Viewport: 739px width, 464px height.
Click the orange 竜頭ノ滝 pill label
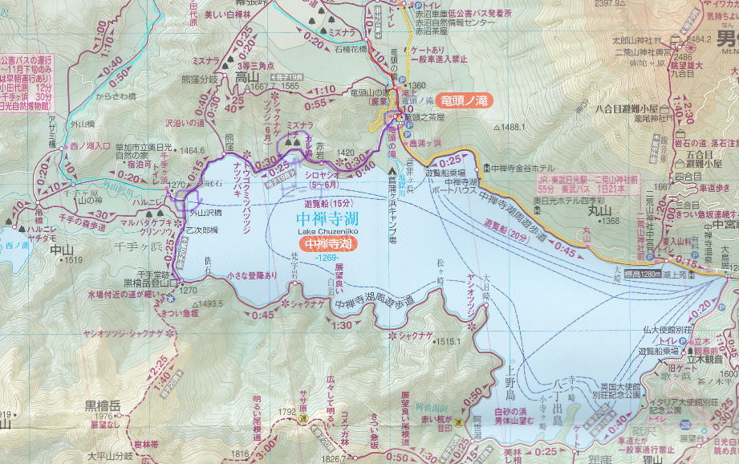466,100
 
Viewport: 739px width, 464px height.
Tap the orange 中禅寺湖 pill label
328,243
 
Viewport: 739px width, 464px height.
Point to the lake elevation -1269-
327,257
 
